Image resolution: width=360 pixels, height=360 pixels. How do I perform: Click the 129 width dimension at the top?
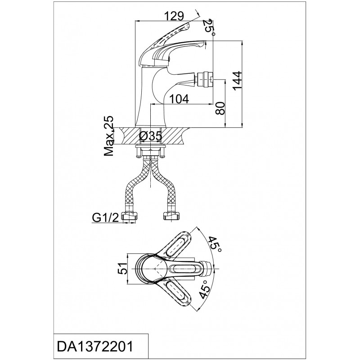(x=175, y=16)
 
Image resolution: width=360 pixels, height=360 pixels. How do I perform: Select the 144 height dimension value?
(x=237, y=81)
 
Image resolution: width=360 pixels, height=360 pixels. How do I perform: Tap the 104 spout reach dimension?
(x=179, y=99)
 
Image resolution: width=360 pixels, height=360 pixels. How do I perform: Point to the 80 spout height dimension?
(x=220, y=108)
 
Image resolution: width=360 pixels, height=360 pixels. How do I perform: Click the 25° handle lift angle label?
(x=210, y=27)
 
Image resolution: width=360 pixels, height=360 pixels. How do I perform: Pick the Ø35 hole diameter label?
(x=151, y=136)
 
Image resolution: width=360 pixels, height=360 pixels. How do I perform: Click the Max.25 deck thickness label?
(x=108, y=136)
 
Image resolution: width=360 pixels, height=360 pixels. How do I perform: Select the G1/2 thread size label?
(x=105, y=218)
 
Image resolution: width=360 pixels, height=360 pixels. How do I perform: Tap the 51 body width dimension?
(x=122, y=268)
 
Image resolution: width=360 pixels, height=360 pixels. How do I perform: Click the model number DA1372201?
(x=95, y=346)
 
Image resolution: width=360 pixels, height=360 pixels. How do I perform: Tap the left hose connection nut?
(x=129, y=216)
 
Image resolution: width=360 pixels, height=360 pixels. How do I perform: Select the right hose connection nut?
(x=171, y=216)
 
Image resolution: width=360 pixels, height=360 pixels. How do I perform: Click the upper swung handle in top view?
(x=177, y=245)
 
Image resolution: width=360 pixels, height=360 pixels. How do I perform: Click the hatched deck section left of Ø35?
(x=129, y=136)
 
